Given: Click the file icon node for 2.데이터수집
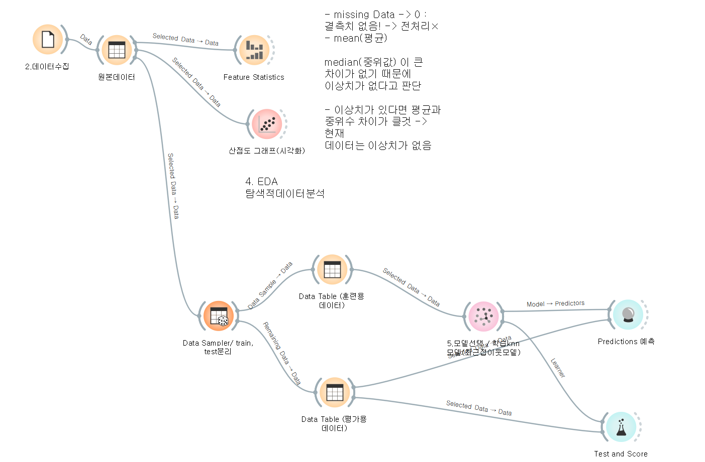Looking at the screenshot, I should coord(48,40).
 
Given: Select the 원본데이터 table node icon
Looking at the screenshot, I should coord(117,50).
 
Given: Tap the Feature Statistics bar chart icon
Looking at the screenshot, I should coord(254,50).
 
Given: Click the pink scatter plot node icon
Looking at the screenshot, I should coord(267,124).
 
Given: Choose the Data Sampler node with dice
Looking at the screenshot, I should coord(219,316).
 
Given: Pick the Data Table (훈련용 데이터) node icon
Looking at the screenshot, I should coord(332,269).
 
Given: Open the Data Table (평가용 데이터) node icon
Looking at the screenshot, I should coord(335,392).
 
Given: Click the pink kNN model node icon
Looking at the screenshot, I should coord(483,316).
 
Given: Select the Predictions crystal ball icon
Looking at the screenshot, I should coord(628,315).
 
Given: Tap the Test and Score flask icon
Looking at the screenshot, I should coord(621,427).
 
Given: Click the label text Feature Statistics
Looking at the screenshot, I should coord(254,77).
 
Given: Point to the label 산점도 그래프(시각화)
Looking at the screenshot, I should coord(267,150).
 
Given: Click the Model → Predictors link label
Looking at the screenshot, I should coord(555,303).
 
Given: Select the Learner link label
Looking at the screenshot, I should coord(558,368).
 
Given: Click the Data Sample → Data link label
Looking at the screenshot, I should coord(270,286).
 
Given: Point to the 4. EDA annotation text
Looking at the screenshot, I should coord(261,182).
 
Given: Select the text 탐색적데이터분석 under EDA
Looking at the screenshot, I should coord(285,194).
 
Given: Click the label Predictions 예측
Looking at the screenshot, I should coord(626,342).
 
